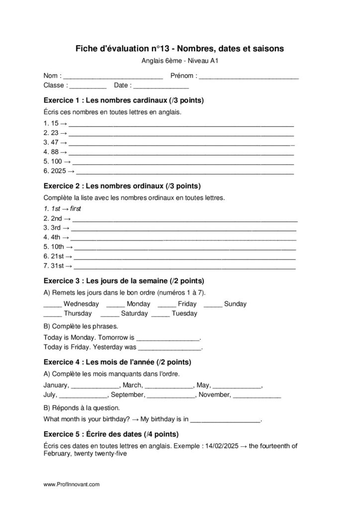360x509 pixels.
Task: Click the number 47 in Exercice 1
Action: (x=55, y=142)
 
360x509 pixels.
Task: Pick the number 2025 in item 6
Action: (x=59, y=171)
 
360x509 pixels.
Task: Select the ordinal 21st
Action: (x=57, y=256)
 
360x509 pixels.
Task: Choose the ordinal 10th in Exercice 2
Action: (x=57, y=247)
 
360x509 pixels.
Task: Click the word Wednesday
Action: (x=82, y=304)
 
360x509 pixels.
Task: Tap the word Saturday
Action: (x=134, y=314)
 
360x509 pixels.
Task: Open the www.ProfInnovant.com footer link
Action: (x=72, y=484)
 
